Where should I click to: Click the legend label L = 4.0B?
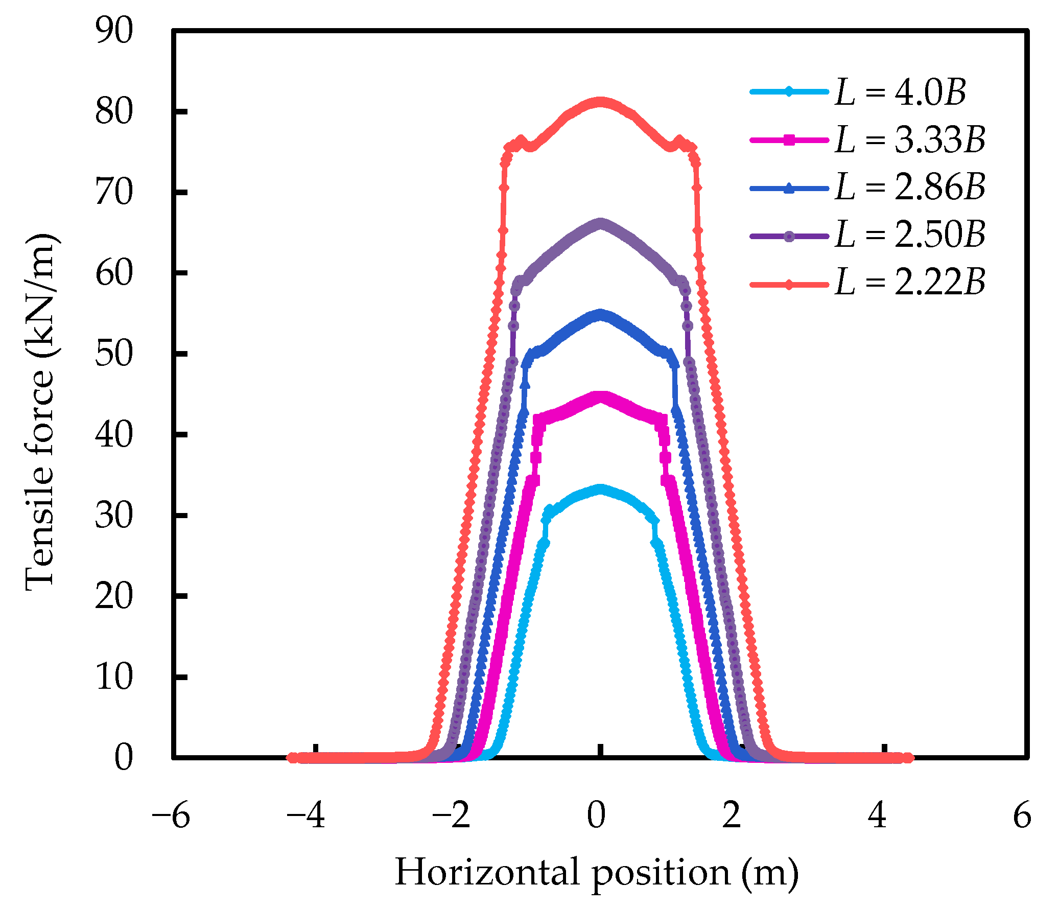point(900,93)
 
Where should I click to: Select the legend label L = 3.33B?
point(910,140)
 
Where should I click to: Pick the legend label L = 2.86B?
point(910,188)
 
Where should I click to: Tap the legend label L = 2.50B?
point(910,235)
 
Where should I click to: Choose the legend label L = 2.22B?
point(910,283)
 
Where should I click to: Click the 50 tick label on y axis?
point(114,354)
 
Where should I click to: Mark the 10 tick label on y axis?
point(114,678)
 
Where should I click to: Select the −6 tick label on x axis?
point(171,816)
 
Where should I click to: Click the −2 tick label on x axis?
point(451,816)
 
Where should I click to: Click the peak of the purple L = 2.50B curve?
point(601,224)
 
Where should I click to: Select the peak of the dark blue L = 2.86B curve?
point(601,314)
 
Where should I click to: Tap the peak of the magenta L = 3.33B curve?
point(601,397)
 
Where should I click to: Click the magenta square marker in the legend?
point(789,140)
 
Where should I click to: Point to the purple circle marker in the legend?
point(789,236)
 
